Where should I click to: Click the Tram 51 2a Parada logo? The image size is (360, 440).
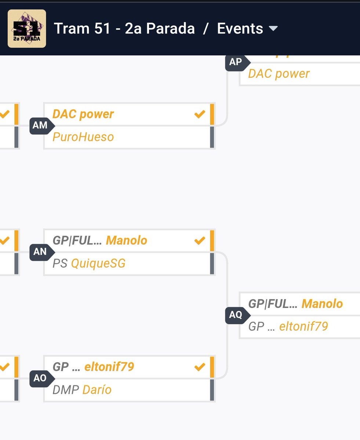click(27, 29)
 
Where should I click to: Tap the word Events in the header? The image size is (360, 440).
click(240, 29)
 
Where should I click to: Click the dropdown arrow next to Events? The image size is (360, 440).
click(273, 29)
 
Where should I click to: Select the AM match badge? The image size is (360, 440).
click(40, 126)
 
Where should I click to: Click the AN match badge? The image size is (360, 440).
click(40, 252)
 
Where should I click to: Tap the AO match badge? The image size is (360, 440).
click(40, 378)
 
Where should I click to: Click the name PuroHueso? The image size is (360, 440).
click(83, 137)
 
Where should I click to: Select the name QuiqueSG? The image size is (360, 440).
click(98, 263)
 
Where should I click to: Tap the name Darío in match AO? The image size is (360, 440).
click(97, 389)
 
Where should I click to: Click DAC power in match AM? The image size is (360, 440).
click(83, 114)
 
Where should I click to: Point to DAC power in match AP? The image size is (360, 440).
click(279, 74)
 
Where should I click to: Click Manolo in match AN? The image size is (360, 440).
click(127, 241)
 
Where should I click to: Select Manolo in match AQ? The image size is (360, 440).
click(322, 304)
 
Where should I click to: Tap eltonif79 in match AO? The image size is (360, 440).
click(109, 367)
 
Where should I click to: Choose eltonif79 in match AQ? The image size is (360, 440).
click(303, 326)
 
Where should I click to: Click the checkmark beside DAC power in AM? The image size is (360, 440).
click(200, 114)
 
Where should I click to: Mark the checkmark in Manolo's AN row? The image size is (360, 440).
click(200, 241)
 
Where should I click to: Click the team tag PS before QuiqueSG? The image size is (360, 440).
click(60, 263)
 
